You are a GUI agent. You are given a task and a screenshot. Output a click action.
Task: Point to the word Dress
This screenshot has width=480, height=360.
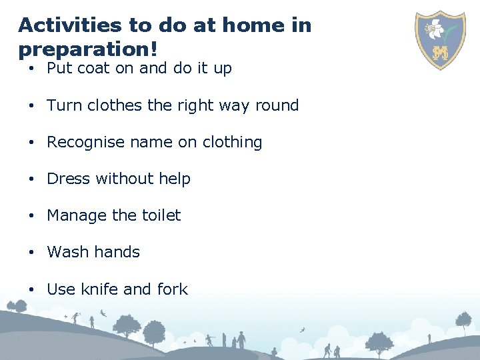(69, 179)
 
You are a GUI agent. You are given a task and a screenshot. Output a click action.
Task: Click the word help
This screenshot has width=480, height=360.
(175, 179)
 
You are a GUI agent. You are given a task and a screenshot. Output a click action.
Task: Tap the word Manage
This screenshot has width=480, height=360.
(77, 215)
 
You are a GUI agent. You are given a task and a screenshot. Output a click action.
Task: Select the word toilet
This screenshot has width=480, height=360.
(161, 215)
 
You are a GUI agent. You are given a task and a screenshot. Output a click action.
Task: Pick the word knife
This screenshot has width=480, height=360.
(100, 289)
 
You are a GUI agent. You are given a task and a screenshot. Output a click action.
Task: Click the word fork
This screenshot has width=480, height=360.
(173, 289)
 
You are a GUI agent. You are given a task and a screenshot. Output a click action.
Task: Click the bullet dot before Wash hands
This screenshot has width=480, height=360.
(31, 253)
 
